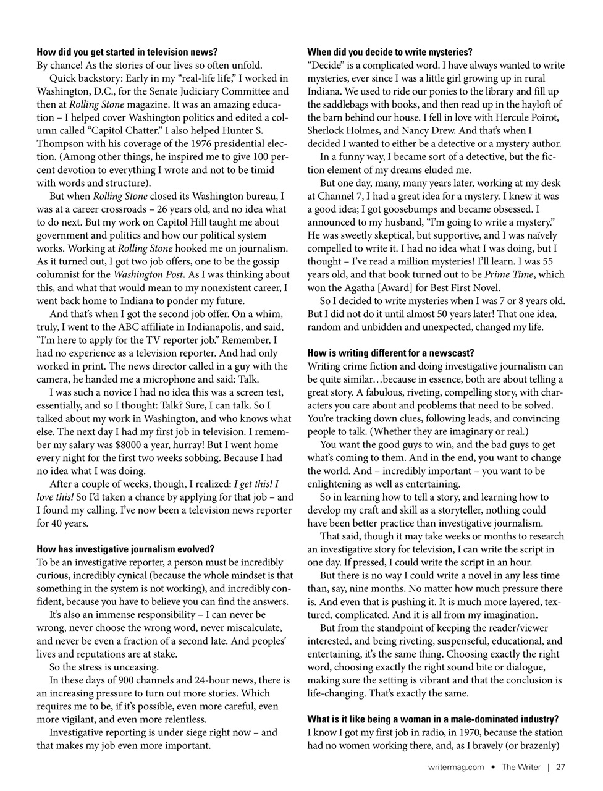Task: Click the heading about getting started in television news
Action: coord(127,53)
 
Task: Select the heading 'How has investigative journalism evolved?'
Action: coord(125,549)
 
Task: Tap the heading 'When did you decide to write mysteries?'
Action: coord(390,53)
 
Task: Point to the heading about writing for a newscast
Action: coord(390,353)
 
